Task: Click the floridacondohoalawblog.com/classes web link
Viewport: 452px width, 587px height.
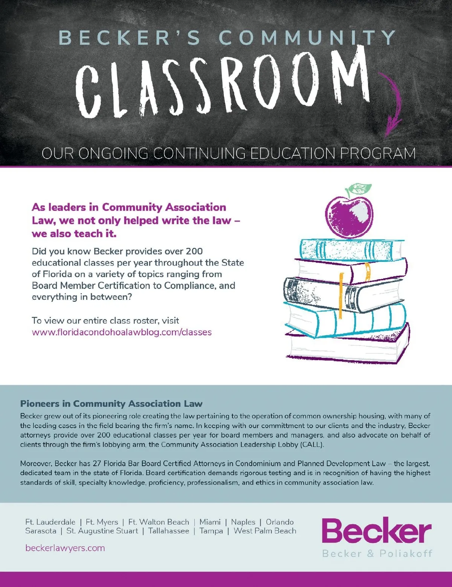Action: (x=122, y=332)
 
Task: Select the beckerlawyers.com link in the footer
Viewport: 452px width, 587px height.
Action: (x=65, y=548)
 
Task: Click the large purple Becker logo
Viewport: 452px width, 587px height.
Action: (x=376, y=530)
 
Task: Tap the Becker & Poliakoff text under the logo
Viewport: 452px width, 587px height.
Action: (x=377, y=553)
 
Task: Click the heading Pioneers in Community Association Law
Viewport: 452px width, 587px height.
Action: (x=111, y=404)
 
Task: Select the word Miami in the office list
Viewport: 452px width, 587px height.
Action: (x=210, y=522)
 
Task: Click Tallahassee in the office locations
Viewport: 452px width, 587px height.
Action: (x=168, y=531)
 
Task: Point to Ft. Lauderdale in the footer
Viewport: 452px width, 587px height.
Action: (x=50, y=522)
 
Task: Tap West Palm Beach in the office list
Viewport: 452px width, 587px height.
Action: (x=265, y=531)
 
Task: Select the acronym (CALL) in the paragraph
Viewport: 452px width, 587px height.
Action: (x=312, y=445)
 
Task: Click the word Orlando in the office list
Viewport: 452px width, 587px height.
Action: (x=279, y=522)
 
